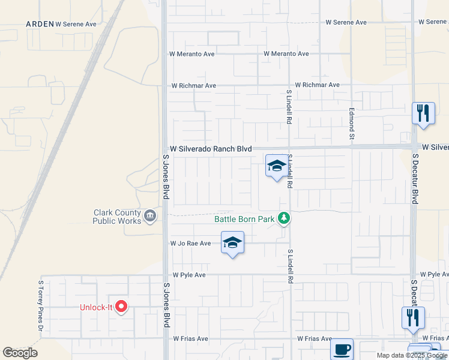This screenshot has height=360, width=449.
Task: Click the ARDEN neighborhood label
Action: pos(39,24)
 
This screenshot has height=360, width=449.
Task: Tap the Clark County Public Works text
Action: pos(116,217)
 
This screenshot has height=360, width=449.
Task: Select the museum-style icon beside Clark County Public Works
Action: pos(149,215)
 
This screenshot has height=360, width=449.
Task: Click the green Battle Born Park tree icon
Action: pos(284,219)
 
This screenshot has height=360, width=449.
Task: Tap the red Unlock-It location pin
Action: pos(121,307)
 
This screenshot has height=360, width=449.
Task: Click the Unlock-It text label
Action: pos(97,308)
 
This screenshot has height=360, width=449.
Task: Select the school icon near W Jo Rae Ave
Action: pos(232,242)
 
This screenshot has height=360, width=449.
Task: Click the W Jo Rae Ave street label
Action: pos(191,244)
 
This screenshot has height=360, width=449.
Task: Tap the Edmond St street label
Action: pos(352,125)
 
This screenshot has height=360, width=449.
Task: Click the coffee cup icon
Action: pos(342,349)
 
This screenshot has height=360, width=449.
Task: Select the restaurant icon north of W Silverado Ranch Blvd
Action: pos(423,113)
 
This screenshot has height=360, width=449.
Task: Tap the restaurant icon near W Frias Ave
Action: pos(413,317)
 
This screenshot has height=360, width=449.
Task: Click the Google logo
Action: pos(20,353)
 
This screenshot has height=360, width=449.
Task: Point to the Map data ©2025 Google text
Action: pos(412,355)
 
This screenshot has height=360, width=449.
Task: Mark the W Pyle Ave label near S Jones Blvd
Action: pos(189,275)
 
